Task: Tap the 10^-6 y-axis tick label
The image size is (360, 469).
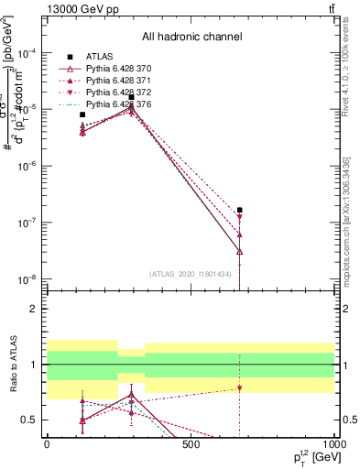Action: (x=26, y=166)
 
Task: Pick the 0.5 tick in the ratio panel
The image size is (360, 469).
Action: (x=31, y=420)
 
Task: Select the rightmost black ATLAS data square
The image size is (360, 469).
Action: (x=240, y=210)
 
